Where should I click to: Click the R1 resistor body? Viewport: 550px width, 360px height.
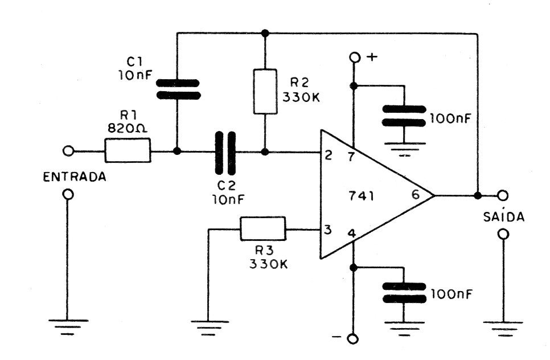128,152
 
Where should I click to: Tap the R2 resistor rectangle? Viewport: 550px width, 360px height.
265,91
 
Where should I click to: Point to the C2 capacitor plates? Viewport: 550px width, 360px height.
225,152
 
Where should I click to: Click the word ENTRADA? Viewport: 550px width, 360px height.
75,177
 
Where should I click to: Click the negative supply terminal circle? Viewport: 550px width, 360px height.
354,339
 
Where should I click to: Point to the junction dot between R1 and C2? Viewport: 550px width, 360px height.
178,152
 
